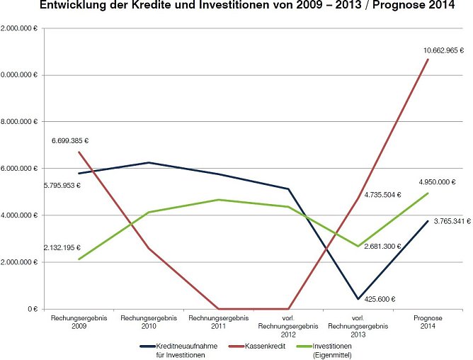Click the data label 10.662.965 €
[x=443, y=50]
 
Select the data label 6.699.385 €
[x=74, y=141]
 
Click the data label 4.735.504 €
[x=382, y=194]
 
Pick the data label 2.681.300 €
[x=382, y=246]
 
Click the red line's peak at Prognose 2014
[x=428, y=59]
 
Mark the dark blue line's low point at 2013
[x=358, y=299]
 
